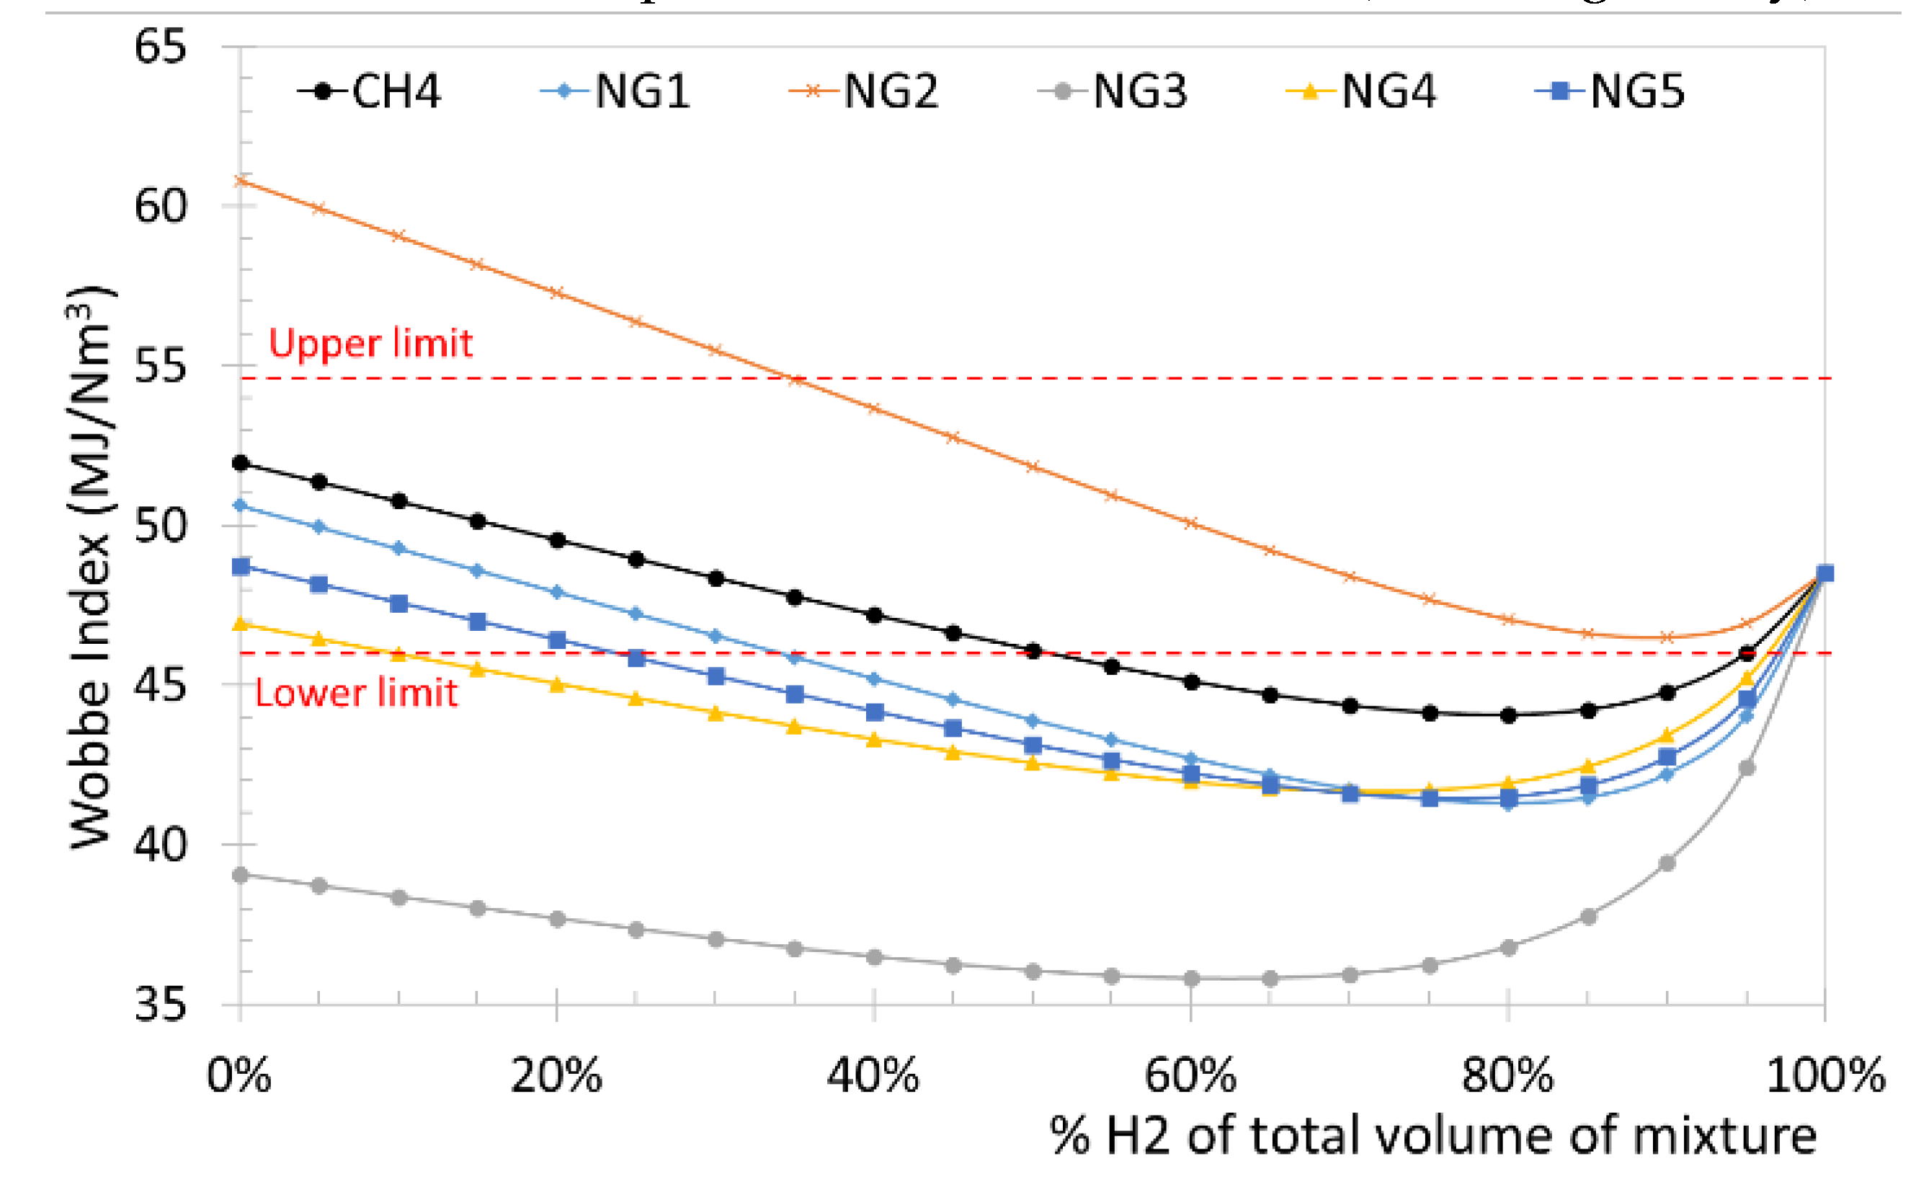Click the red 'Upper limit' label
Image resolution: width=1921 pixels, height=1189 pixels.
(370, 344)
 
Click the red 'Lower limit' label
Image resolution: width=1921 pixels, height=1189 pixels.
(357, 694)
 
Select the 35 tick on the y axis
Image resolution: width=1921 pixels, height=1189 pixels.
(161, 1004)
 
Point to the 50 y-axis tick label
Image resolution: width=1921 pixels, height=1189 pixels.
(161, 524)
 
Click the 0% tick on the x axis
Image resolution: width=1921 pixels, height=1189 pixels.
(239, 1075)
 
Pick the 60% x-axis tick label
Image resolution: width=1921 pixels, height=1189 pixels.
(1190, 1075)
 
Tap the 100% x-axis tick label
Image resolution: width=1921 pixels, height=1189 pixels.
(1825, 1075)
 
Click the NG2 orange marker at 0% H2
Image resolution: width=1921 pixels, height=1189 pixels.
(241, 181)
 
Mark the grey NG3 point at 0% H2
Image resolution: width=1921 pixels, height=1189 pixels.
(241, 874)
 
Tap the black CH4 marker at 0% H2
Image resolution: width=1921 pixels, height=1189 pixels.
(241, 463)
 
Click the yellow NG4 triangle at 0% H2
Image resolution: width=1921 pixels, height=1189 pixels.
(241, 624)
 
